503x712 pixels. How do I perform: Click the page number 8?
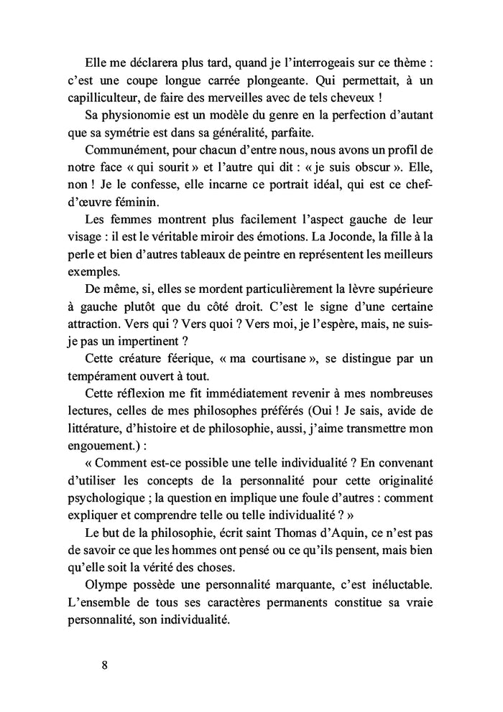105,664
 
